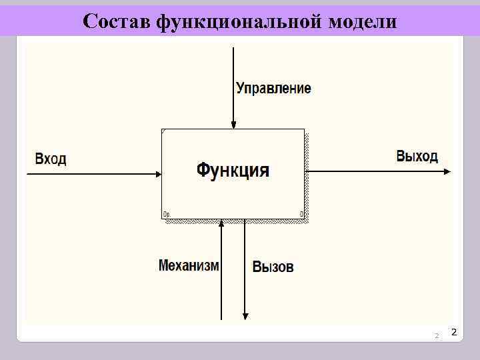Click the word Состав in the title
pyautogui.click(x=117, y=21)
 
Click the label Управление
pyautogui.click(x=273, y=88)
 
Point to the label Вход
pyautogui.click(x=51, y=159)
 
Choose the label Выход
pyautogui.click(x=417, y=157)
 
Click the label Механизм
pyautogui.click(x=189, y=265)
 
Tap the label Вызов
pyautogui.click(x=273, y=267)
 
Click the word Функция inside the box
pyautogui.click(x=233, y=171)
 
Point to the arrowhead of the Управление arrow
pyautogui.click(x=233, y=125)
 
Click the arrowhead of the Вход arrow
pyautogui.click(x=158, y=174)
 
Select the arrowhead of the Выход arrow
pyautogui.click(x=447, y=171)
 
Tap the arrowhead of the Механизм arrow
pyautogui.click(x=221, y=223)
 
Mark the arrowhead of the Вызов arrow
pyautogui.click(x=245, y=316)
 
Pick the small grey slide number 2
pyautogui.click(x=437, y=335)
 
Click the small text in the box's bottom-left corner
pyautogui.click(x=167, y=214)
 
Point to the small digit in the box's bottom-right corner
pyautogui.click(x=301, y=214)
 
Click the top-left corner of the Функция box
pyautogui.click(x=162, y=129)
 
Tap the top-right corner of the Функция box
pyautogui.click(x=304, y=129)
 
